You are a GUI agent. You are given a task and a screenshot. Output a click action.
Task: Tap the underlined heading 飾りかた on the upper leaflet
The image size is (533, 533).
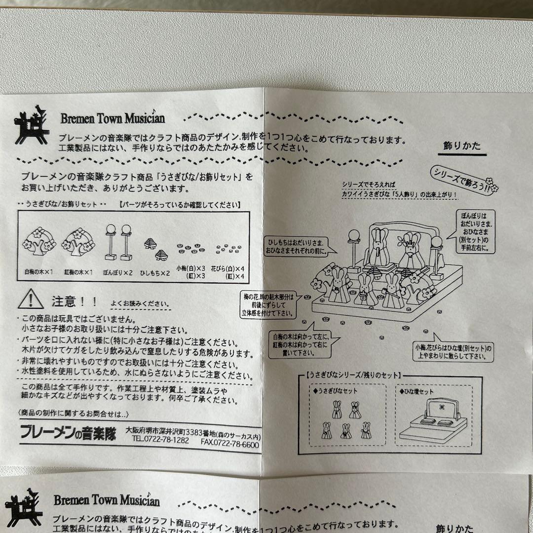pyautogui.click(x=462, y=146)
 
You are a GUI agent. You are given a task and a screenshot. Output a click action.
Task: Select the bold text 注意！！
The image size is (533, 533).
pyautogui.click(x=75, y=301)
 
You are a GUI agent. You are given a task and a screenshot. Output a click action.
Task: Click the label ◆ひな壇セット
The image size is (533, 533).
pyautogui.click(x=417, y=391)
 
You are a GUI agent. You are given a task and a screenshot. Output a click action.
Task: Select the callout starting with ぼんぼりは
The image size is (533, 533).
pyautogui.click(x=475, y=231)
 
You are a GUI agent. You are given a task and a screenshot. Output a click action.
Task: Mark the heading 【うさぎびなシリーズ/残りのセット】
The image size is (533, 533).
pyautogui.click(x=353, y=375)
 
